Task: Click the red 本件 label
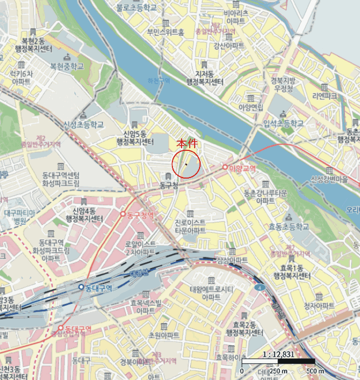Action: point(188,145)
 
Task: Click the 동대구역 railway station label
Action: point(98,287)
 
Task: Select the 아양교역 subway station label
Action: point(242,168)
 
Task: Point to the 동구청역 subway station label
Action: point(140,215)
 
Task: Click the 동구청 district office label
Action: point(169,186)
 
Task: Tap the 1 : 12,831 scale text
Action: point(278,354)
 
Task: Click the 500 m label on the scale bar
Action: point(317,370)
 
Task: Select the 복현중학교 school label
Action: point(67,66)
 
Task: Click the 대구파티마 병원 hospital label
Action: point(20,217)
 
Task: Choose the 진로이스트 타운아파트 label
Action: point(190,226)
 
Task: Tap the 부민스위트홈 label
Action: point(165,32)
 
